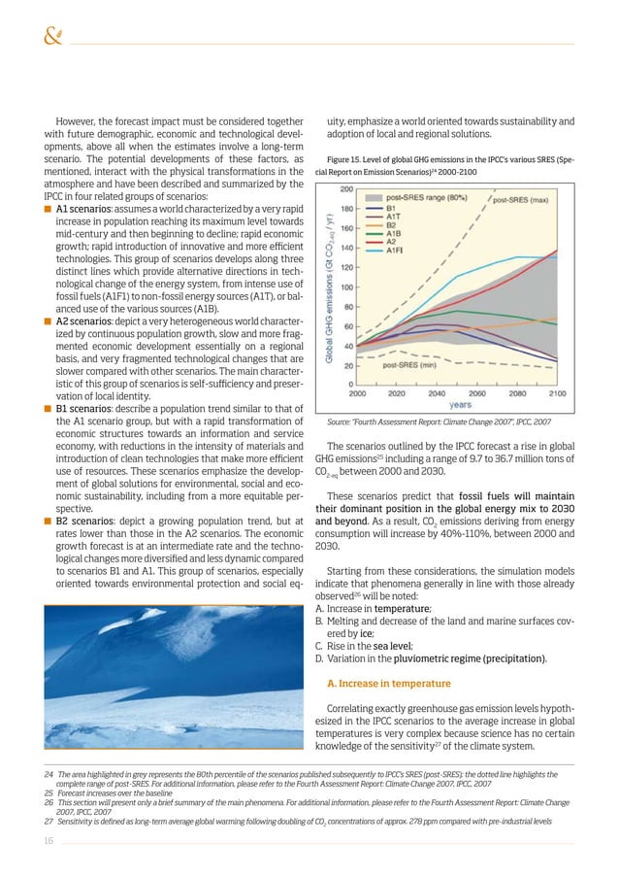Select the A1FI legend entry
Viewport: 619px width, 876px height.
399,250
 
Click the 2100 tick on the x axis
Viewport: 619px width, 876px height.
558,393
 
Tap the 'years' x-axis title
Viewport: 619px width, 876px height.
460,404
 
